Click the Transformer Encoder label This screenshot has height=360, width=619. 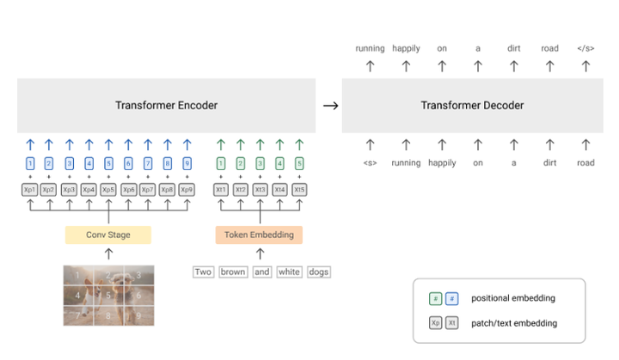[x=166, y=106]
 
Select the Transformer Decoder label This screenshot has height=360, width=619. [x=472, y=106]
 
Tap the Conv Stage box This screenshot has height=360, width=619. [x=107, y=235]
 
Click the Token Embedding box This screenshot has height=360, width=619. [x=259, y=235]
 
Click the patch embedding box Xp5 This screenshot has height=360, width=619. [x=107, y=189]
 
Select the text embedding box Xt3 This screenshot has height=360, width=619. [x=260, y=189]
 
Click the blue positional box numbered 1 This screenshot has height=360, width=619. [x=30, y=163]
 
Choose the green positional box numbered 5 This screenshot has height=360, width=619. [x=299, y=163]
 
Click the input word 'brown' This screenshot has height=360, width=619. [x=233, y=272]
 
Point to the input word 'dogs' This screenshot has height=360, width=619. [x=318, y=272]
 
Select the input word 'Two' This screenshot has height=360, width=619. [x=203, y=272]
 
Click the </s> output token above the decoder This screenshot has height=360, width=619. [x=585, y=48]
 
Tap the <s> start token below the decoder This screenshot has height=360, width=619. [x=371, y=162]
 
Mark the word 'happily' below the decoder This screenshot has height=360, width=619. [x=442, y=162]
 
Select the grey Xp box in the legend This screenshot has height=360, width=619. [x=437, y=323]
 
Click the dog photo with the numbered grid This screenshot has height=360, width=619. [x=107, y=296]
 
